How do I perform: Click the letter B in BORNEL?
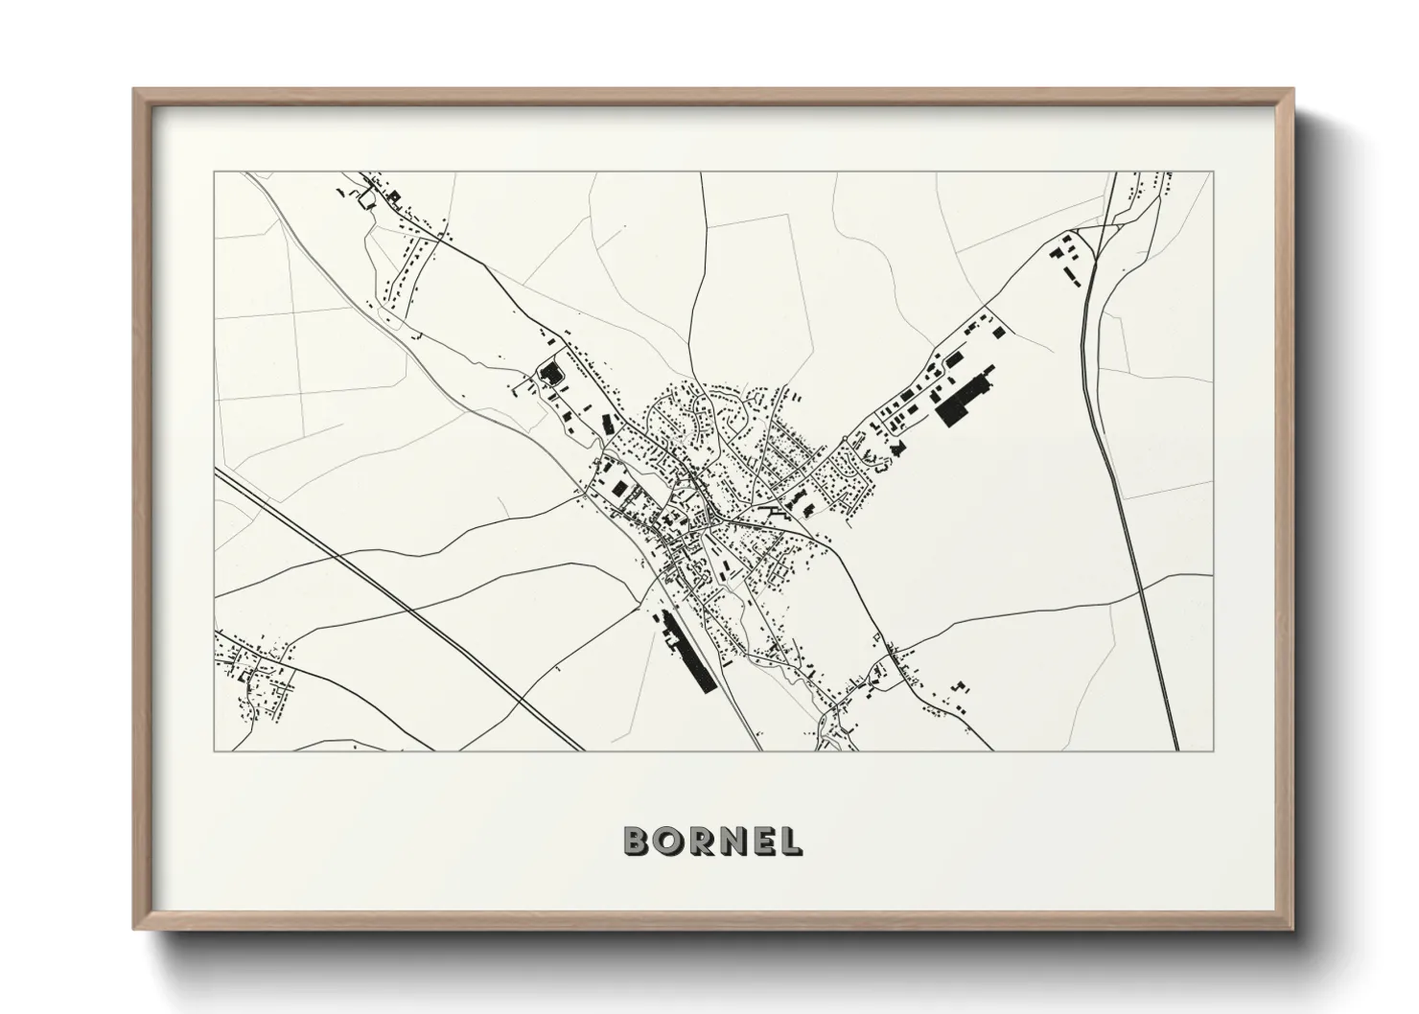pyautogui.click(x=637, y=841)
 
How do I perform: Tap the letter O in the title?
pyautogui.click(x=669, y=841)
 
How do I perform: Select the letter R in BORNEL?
pyautogui.click(x=702, y=841)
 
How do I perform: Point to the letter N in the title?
pyautogui.click(x=733, y=841)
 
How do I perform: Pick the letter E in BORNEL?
pyautogui.click(x=764, y=841)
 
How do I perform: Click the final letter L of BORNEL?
pyautogui.click(x=791, y=841)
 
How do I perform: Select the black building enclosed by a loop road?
pyautogui.click(x=549, y=371)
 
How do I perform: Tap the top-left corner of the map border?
pyautogui.click(x=214, y=173)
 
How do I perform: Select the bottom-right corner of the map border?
pyautogui.click(x=1212, y=750)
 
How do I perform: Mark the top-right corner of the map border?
pyautogui.click(x=1212, y=173)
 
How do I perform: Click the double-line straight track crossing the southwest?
pyautogui.click(x=403, y=604)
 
